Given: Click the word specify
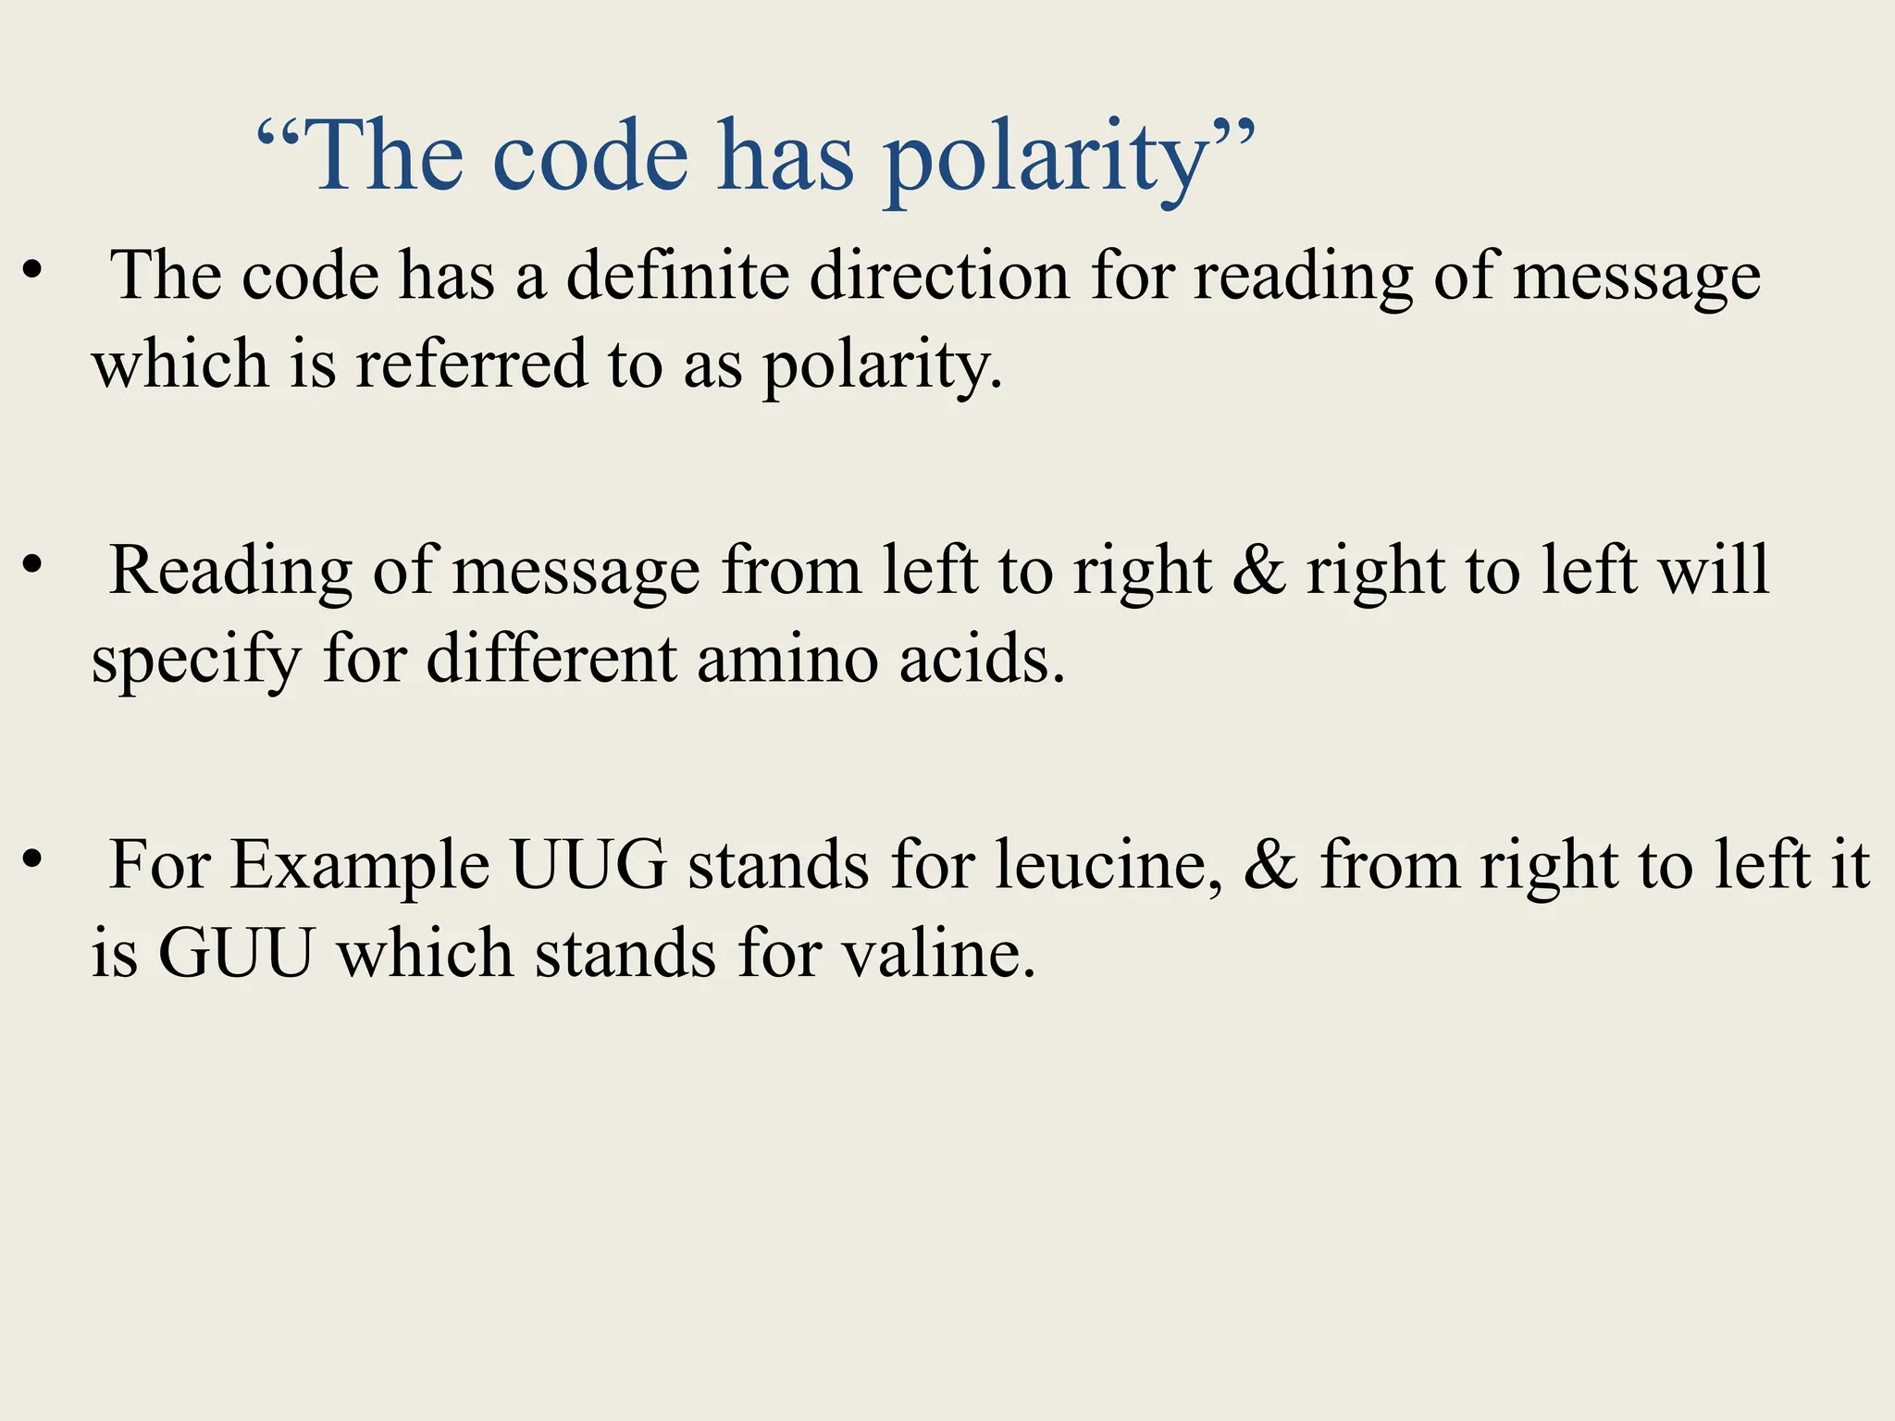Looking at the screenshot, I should tap(196, 661).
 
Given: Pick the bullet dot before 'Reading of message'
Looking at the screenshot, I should tap(33, 564).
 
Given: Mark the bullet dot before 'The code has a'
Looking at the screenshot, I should tap(33, 270).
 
